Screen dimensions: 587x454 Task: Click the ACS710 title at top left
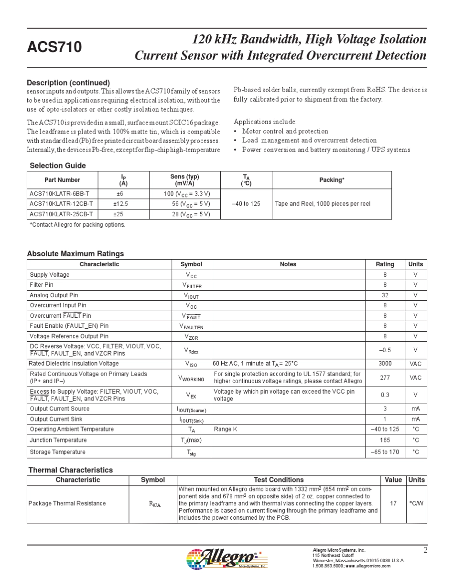tap(54, 47)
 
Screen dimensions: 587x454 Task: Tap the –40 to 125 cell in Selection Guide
tap(246, 204)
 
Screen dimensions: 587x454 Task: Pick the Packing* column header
tap(332, 180)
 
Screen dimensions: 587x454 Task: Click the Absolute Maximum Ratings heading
tap(75, 254)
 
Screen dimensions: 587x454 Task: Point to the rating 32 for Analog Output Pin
tap(385, 295)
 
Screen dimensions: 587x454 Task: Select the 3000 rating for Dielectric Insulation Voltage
tap(385, 364)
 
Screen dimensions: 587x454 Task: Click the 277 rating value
tap(385, 377)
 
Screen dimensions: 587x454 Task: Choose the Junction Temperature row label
tap(58, 440)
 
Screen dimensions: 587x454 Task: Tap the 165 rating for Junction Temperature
tap(385, 440)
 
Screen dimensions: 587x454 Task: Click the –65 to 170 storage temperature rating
tap(385, 452)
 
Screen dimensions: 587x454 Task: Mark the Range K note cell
tap(226, 429)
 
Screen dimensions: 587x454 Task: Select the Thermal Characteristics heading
tap(71, 470)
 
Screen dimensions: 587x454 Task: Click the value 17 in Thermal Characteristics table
tap(393, 503)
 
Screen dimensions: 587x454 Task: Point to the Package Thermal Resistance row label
tap(67, 503)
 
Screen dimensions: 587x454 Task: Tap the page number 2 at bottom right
tap(425, 550)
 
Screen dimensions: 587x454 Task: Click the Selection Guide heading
tap(58, 166)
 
